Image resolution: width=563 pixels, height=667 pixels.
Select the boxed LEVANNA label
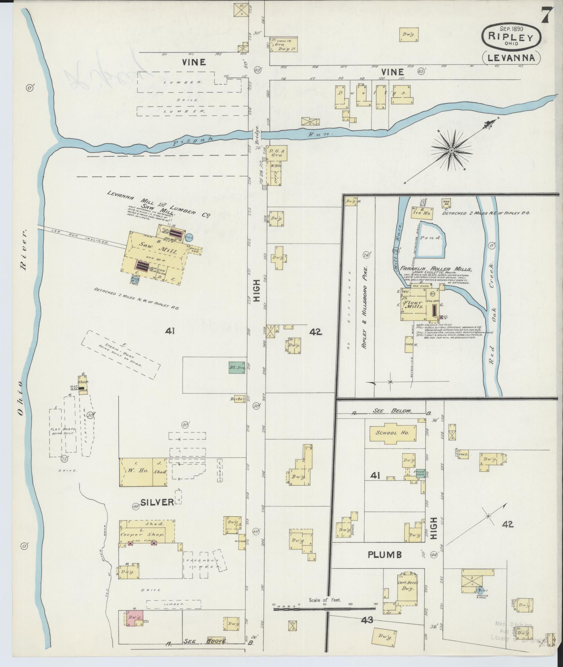[511, 58]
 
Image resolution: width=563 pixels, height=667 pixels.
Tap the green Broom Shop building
[420, 473]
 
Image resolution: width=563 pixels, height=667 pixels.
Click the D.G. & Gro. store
[277, 153]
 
